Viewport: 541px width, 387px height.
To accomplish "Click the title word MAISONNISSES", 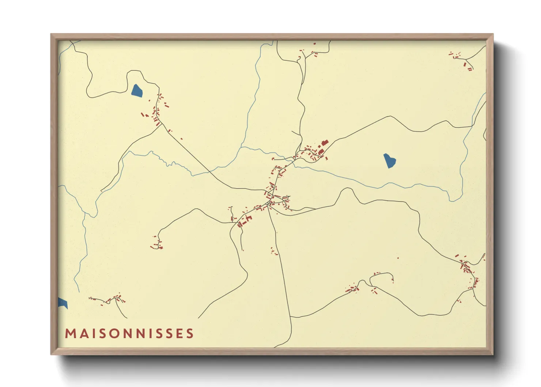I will (129, 334).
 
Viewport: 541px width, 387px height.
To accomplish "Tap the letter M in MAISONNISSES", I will (70, 334).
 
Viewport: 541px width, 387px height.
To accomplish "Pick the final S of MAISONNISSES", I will (190, 334).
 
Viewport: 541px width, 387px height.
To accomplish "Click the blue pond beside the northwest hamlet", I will (137, 91).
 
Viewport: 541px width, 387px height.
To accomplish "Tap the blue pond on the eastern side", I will (389, 161).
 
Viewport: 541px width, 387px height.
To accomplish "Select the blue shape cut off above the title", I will (63, 303).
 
